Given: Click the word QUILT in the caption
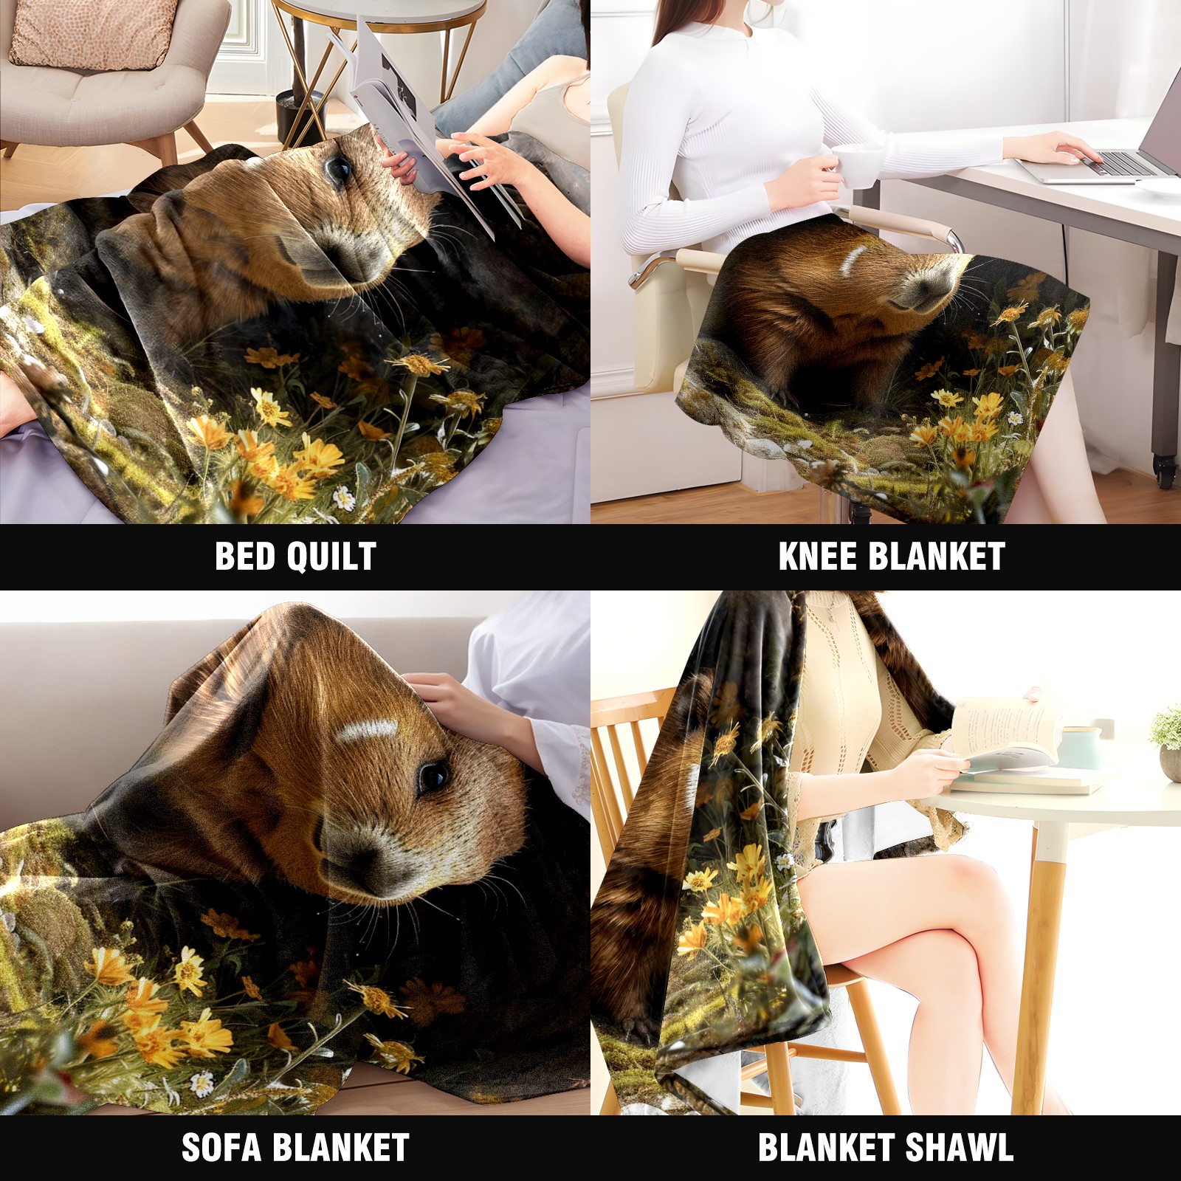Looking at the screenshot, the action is coord(331,557).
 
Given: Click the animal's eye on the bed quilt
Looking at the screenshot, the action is coord(338,170).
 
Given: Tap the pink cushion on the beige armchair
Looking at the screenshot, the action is coord(92,33).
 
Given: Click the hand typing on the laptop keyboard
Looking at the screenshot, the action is coord(1056,148).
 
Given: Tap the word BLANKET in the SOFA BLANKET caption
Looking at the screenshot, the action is coord(341,1148).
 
